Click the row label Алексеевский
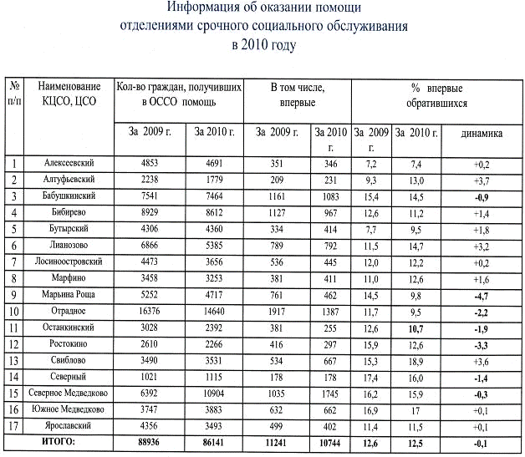(x=68, y=163)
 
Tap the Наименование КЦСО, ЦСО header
(x=68, y=94)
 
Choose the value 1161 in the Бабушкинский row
(x=273, y=196)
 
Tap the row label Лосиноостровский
(x=68, y=262)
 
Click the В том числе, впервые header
(x=297, y=94)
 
